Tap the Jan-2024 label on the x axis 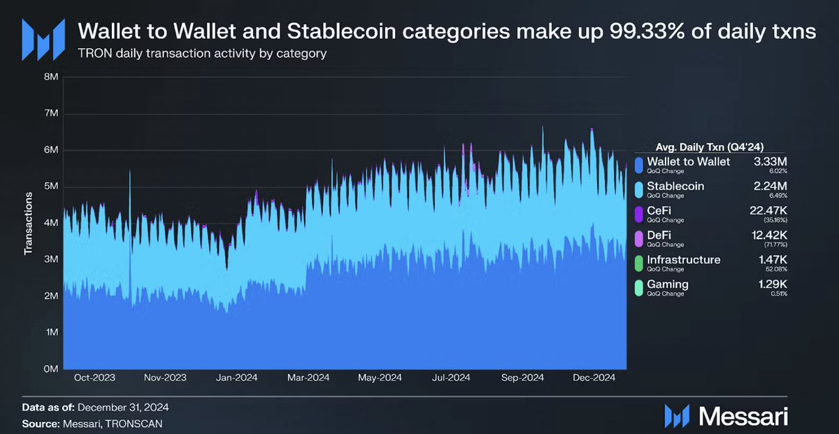pos(237,378)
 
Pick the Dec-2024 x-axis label pos(594,378)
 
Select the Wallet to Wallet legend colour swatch pos(638,166)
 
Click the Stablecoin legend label pos(675,186)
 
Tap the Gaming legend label pos(667,284)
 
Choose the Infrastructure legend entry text pos(683,259)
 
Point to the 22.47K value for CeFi pos(767,210)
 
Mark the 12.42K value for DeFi pos(767,235)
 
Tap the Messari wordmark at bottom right pos(743,417)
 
